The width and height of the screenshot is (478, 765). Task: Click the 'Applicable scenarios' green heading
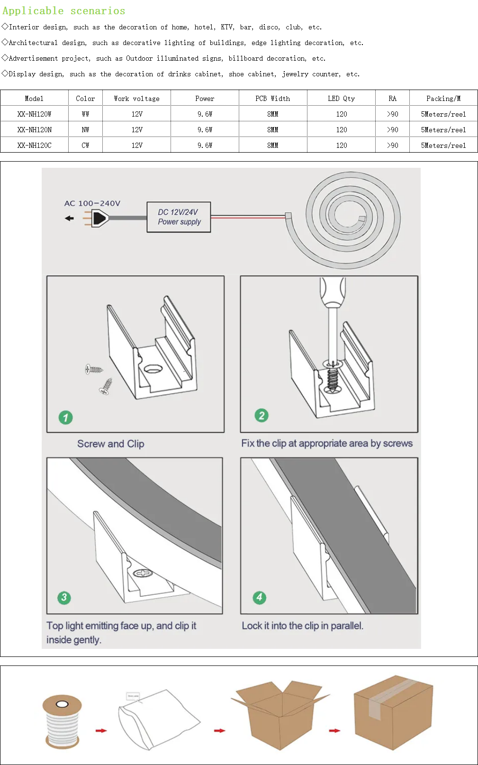pos(64,11)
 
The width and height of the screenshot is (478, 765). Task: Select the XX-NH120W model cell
pos(34,114)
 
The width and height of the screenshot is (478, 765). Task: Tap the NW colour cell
pos(85,130)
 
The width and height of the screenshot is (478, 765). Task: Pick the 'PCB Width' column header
pos(272,99)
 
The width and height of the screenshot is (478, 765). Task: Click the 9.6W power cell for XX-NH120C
pos(205,146)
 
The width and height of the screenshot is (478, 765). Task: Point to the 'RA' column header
pos(392,99)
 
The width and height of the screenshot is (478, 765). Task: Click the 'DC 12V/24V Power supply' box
pos(179,217)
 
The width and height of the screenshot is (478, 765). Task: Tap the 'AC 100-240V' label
pos(92,203)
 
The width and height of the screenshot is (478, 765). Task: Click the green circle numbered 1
pos(65,418)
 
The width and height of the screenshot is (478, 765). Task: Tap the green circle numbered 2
pos(262,416)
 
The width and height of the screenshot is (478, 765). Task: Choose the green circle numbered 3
pos(64,598)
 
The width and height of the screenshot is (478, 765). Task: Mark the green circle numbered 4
pos(259,598)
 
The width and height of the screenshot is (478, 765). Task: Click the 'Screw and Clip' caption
pos(111,444)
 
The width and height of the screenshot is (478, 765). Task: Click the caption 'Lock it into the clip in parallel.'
pos(302,626)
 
